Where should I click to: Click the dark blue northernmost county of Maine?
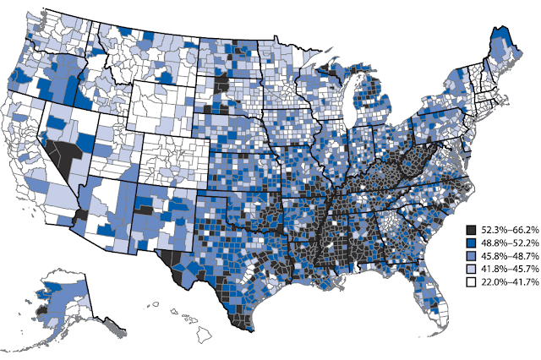(505, 37)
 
